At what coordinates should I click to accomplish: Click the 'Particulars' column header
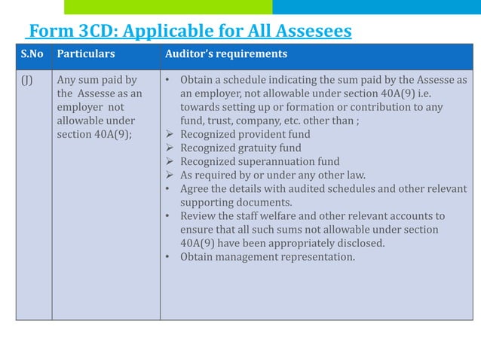(x=86, y=54)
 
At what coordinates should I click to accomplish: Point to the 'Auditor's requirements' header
(x=225, y=54)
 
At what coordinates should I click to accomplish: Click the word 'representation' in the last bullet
(x=317, y=256)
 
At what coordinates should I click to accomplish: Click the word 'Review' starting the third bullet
(x=198, y=215)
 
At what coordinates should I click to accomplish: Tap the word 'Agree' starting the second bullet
(x=195, y=188)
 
